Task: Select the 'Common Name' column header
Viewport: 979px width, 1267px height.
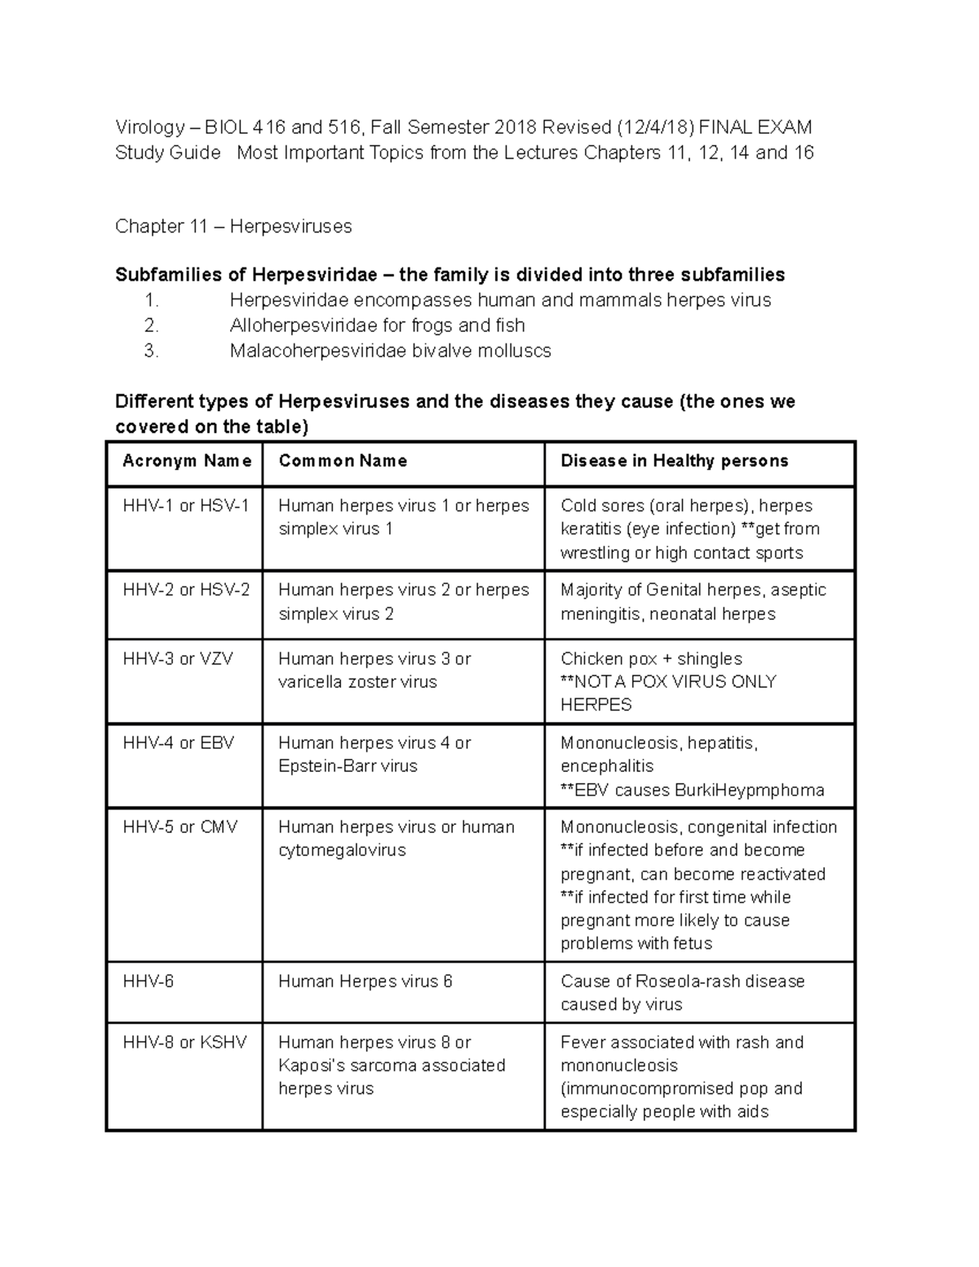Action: click(343, 461)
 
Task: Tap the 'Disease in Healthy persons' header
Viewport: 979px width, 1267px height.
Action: click(674, 461)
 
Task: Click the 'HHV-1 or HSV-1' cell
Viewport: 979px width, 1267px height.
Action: click(186, 506)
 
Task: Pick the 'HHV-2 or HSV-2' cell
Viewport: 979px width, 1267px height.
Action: click(186, 590)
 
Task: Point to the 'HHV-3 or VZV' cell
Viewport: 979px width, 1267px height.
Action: click(178, 658)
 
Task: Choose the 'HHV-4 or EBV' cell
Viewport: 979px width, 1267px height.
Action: click(178, 742)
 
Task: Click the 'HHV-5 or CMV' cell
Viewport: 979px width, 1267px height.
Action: click(180, 826)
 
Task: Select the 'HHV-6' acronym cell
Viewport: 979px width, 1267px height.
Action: click(148, 981)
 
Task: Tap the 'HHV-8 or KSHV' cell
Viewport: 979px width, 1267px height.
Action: click(184, 1042)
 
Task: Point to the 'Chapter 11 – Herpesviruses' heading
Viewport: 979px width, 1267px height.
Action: click(233, 226)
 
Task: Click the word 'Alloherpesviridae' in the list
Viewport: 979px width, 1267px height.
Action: click(303, 326)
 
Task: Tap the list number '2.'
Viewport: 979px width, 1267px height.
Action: click(151, 326)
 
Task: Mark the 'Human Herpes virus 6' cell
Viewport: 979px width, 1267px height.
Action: click(365, 981)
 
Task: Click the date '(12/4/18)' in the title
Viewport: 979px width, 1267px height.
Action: click(656, 127)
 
